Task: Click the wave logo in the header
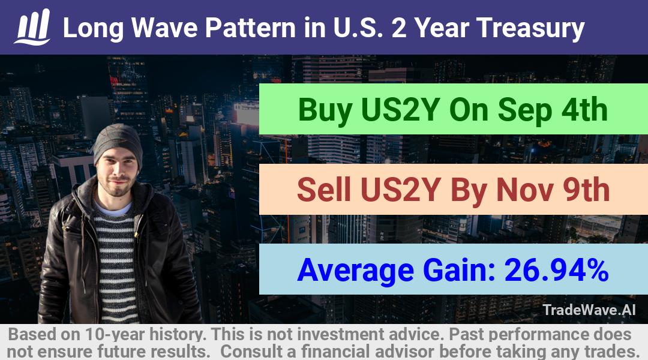pyautogui.click(x=32, y=27)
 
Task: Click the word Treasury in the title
pyautogui.click(x=530, y=29)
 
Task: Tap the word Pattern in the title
pyautogui.click(x=250, y=28)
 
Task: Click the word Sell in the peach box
pyautogui.click(x=323, y=190)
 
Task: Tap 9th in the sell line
pyautogui.click(x=586, y=190)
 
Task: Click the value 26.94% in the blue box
pyautogui.click(x=557, y=270)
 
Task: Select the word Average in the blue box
pyautogui.click(x=355, y=271)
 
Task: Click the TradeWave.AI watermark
pyautogui.click(x=589, y=310)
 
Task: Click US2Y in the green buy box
pyautogui.click(x=400, y=110)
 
